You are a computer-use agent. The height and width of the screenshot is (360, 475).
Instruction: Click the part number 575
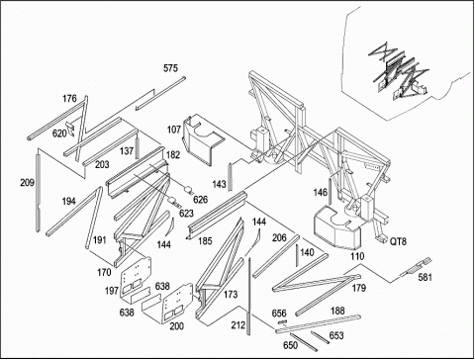(170, 68)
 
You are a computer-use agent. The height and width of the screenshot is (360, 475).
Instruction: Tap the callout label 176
(69, 98)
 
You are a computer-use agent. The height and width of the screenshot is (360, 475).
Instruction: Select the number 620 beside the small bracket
(59, 134)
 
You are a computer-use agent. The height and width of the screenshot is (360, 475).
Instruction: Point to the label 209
(27, 182)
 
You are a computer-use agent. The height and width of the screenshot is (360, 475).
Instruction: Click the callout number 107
(174, 130)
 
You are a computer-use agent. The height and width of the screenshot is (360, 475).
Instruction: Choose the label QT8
(398, 241)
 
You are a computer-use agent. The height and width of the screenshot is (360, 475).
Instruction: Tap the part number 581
(425, 277)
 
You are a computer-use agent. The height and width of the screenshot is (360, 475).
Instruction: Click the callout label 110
(357, 256)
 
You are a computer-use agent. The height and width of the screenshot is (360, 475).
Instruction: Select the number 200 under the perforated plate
(176, 326)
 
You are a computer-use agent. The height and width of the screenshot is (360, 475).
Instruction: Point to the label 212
(238, 325)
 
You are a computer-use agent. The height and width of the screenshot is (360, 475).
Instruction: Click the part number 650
(290, 345)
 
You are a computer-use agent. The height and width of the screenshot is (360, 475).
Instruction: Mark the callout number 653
(336, 335)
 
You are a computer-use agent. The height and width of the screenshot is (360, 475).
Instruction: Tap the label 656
(279, 313)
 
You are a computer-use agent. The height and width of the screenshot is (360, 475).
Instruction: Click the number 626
(201, 199)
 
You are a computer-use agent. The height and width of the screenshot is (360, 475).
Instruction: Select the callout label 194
(68, 201)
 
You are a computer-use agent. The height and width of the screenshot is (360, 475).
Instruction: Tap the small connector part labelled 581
(416, 268)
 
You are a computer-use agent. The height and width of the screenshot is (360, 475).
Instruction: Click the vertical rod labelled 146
(330, 192)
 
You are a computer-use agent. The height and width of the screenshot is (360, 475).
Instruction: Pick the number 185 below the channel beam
(205, 241)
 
